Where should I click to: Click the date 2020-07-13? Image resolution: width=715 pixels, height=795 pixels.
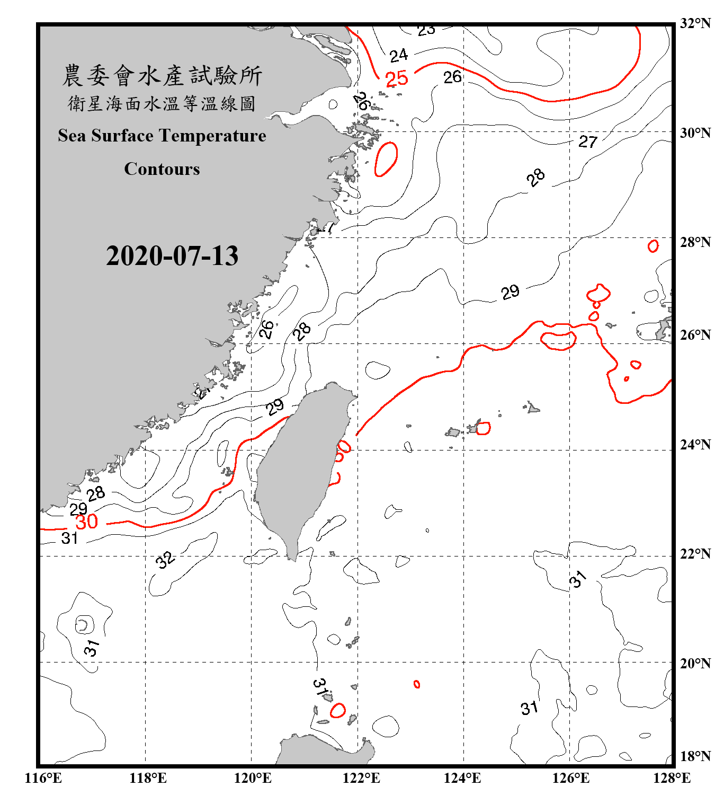tap(172, 255)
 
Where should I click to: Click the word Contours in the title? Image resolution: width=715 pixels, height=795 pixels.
tap(162, 169)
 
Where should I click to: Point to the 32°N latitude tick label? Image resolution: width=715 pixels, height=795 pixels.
tap(695, 23)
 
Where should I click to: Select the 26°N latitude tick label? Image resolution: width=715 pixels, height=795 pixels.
tap(695, 335)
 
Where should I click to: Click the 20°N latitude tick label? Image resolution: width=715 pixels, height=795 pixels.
tap(695, 664)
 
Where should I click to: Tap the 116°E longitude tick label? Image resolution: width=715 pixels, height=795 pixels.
tap(43, 778)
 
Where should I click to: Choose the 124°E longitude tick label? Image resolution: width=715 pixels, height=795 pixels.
tap(462, 778)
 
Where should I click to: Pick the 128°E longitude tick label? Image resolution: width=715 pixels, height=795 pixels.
tap(672, 778)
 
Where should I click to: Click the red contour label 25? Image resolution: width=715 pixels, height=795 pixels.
tap(397, 79)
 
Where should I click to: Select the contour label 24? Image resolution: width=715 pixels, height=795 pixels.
tap(399, 55)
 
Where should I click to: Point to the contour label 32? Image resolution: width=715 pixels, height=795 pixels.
tap(165, 560)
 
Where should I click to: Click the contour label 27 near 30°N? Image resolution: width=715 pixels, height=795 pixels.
tap(587, 142)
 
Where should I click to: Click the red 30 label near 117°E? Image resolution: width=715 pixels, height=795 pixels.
tap(87, 522)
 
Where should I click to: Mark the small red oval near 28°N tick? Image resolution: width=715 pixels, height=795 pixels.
tap(653, 246)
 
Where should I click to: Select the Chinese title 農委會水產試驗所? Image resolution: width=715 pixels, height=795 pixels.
tap(162, 76)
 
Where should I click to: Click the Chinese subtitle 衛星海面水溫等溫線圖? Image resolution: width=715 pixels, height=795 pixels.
tap(162, 103)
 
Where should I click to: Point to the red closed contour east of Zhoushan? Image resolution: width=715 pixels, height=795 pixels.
tap(386, 158)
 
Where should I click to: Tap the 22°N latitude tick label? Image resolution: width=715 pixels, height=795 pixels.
tap(695, 554)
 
